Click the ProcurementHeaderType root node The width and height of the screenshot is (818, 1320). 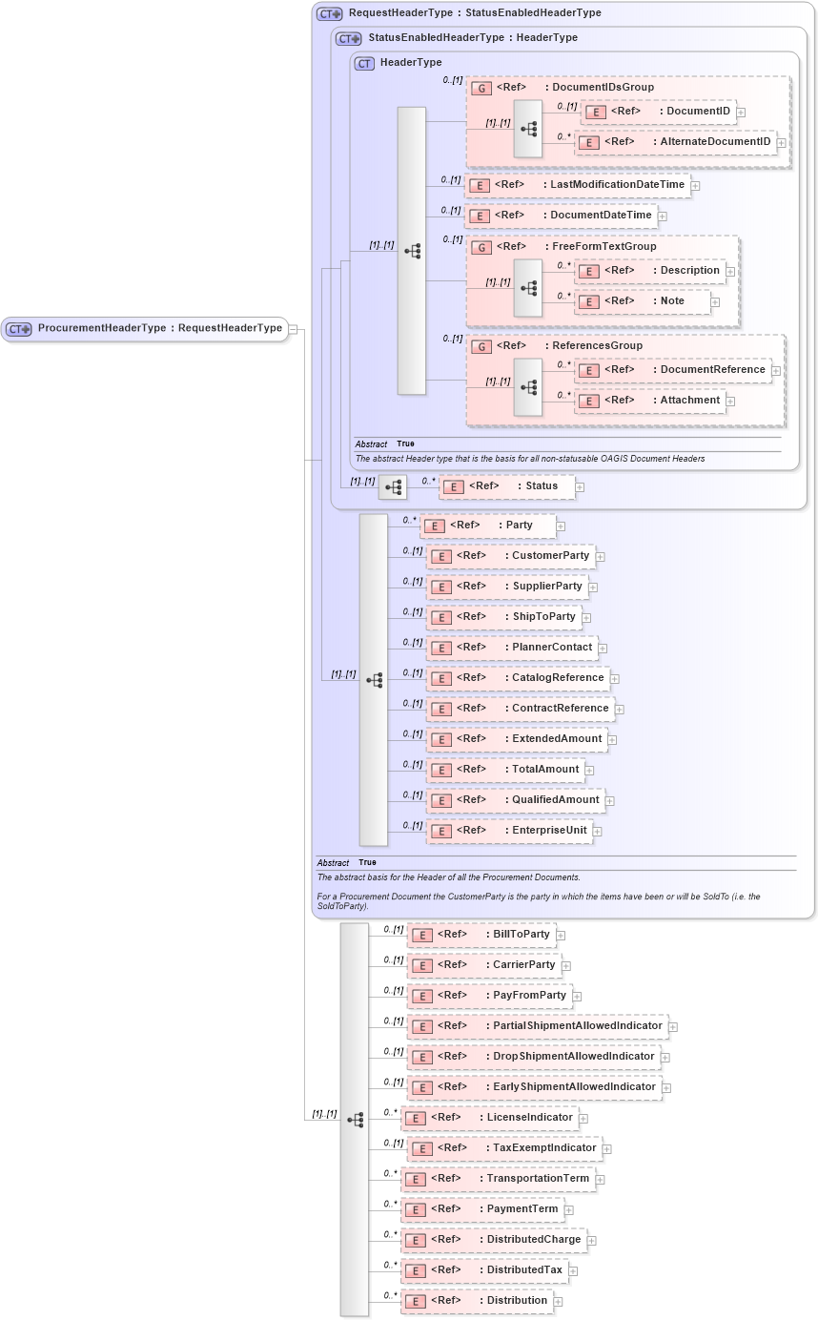(x=145, y=329)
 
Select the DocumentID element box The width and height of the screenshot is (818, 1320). (x=658, y=112)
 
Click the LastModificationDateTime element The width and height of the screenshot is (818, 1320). (x=578, y=185)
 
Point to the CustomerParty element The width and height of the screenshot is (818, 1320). (x=510, y=556)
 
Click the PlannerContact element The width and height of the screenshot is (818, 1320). (x=512, y=648)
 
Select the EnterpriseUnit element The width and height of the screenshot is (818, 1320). (x=509, y=831)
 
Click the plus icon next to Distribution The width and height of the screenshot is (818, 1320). (x=559, y=1302)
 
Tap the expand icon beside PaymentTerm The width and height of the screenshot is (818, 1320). (x=569, y=1210)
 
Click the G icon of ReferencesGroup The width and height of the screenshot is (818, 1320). (x=482, y=346)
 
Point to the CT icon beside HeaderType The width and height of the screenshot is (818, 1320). (x=364, y=63)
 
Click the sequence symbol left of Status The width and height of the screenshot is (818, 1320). (x=392, y=487)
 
